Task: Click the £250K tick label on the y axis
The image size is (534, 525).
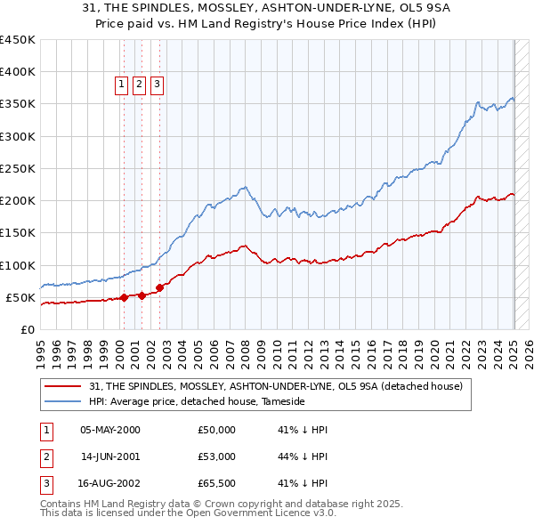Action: (17, 168)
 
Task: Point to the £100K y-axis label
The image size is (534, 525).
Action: (17, 265)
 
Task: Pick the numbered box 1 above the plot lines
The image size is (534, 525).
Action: (121, 85)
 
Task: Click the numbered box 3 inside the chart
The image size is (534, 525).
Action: (157, 85)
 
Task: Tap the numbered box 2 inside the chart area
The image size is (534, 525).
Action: (139, 85)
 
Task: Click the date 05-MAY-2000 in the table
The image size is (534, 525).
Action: (110, 430)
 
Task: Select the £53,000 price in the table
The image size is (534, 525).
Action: (217, 456)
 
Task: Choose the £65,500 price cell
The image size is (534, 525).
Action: (217, 483)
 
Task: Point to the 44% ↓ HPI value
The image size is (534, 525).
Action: (303, 456)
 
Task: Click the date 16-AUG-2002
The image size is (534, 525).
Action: (110, 483)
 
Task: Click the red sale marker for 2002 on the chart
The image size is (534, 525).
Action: (160, 287)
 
